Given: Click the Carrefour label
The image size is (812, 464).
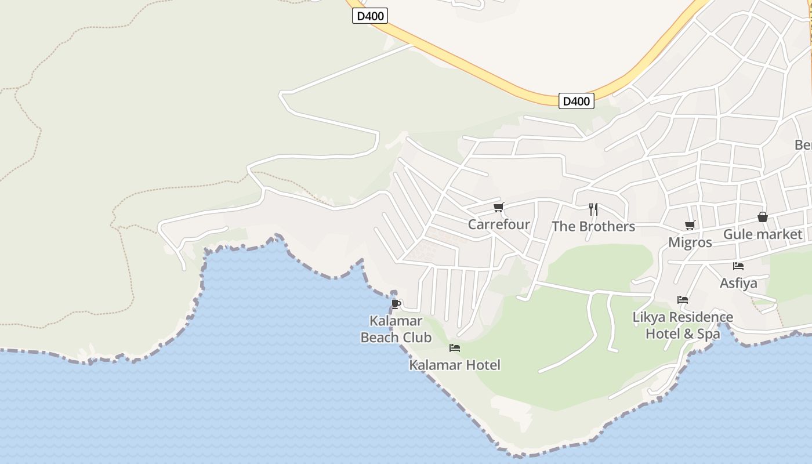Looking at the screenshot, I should [x=499, y=224].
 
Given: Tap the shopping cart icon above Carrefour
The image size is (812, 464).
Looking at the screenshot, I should [x=498, y=207].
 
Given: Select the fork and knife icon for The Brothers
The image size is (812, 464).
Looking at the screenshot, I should [x=593, y=209].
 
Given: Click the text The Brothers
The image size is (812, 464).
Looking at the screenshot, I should [x=593, y=226].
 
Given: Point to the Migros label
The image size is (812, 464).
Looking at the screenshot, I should [x=690, y=242].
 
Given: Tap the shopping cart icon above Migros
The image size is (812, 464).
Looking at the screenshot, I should [x=690, y=225].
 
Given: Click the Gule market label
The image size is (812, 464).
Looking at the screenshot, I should [x=762, y=234].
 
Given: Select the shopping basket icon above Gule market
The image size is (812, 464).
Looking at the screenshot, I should [x=762, y=217].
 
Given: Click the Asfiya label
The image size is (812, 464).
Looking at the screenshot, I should [x=738, y=283].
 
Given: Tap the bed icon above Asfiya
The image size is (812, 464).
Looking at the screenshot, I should [x=738, y=266].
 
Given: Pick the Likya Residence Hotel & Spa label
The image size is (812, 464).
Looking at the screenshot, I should [x=683, y=325].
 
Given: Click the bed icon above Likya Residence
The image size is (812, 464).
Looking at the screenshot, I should [x=683, y=300].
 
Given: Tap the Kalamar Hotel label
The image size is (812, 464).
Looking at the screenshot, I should [x=455, y=365].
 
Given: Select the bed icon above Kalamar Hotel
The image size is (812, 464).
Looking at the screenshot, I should [x=455, y=348].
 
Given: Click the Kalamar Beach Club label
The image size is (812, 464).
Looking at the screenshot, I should [x=396, y=329].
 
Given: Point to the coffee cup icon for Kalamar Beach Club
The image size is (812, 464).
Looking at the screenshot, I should [x=396, y=304].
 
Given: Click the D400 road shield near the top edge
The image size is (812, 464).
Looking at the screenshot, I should [x=370, y=16].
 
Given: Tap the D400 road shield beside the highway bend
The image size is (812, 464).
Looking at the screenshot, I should [x=576, y=101].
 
